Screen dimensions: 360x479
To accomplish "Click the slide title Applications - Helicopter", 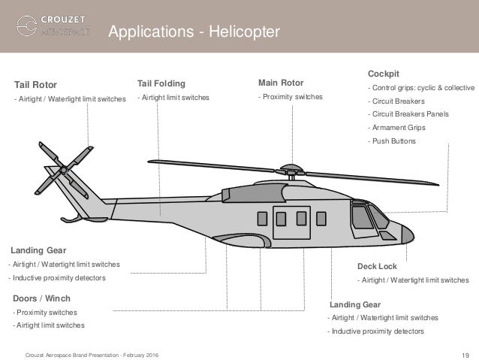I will [194, 32].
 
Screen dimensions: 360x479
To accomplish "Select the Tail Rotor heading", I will [36, 84].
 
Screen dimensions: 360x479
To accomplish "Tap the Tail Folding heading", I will [160, 83].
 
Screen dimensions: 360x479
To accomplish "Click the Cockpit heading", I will [382, 73].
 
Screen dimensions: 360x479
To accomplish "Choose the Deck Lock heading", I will [377, 266].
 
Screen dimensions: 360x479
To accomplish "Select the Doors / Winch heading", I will [42, 298].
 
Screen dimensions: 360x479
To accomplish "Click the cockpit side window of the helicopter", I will [363, 217].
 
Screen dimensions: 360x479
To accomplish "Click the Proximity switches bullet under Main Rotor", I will [291, 97].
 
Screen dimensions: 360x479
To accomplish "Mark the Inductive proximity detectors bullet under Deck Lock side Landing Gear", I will [378, 331].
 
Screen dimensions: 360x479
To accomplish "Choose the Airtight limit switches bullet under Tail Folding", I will [173, 98].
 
